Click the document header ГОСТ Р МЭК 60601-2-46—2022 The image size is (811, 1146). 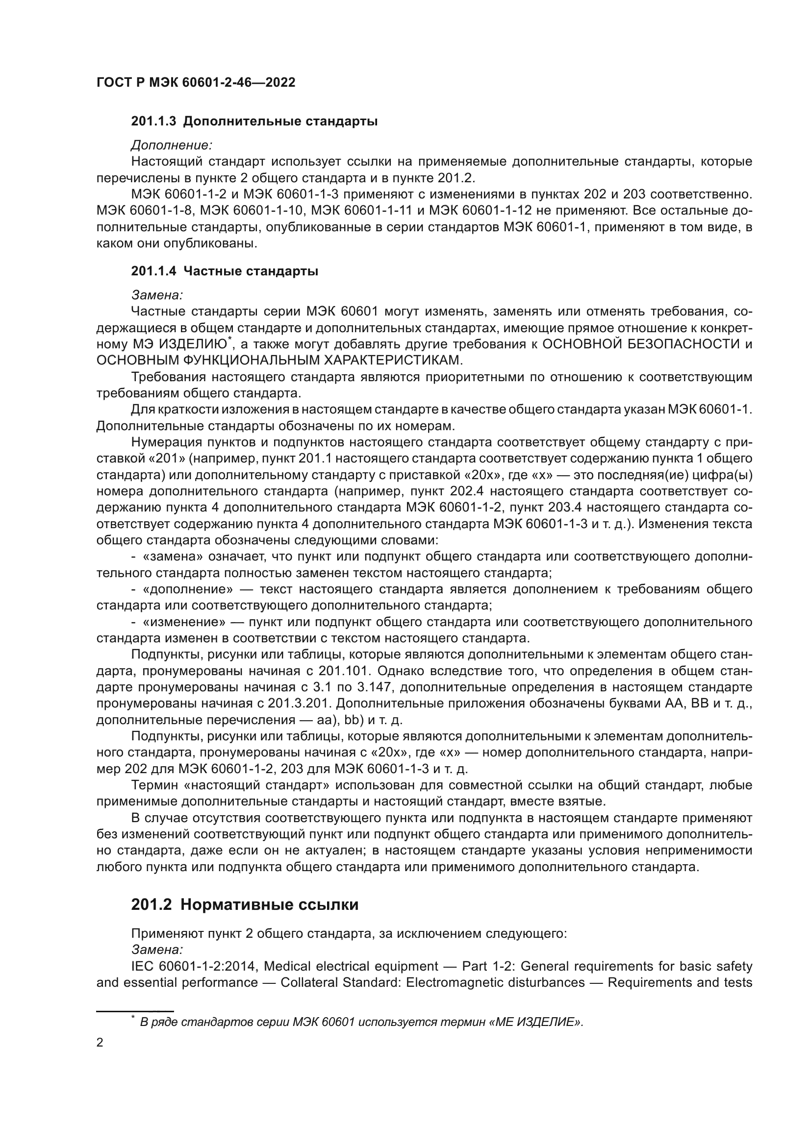[x=196, y=82]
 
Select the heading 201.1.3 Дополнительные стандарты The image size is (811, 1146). [x=254, y=122]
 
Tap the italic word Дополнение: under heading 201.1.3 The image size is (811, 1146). [x=172, y=145]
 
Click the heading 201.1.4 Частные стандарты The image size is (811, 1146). [x=225, y=271]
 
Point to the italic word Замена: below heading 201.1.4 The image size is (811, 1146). [x=157, y=295]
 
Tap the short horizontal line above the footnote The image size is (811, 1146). [x=134, y=1010]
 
